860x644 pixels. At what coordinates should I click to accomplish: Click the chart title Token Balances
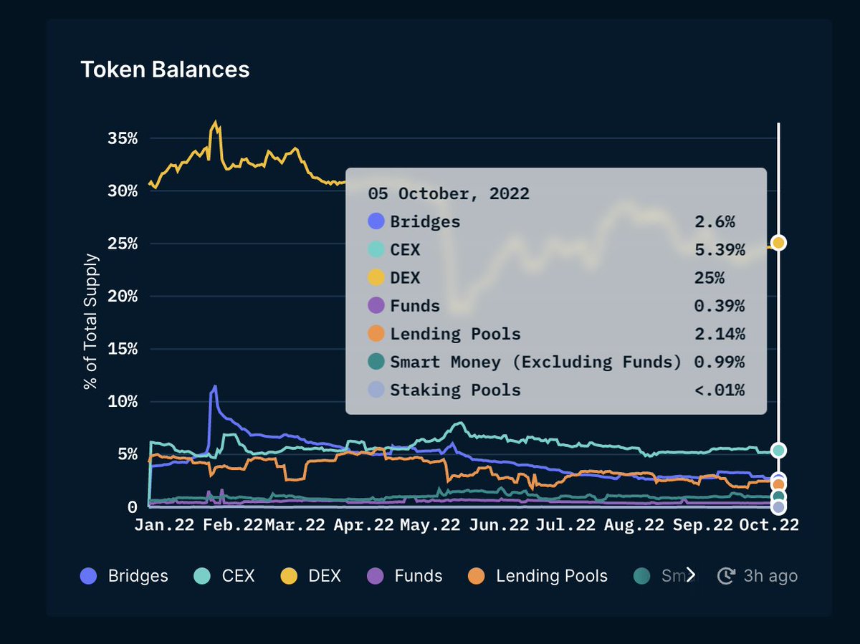point(165,69)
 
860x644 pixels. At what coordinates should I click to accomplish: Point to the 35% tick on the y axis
point(122,138)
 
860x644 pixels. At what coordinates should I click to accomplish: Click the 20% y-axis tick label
point(122,296)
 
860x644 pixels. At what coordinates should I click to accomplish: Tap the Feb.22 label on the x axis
point(233,524)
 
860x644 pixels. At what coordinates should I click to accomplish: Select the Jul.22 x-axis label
point(565,524)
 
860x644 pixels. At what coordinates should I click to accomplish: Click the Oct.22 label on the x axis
point(768,524)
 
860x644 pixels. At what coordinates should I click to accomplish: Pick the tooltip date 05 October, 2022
point(449,193)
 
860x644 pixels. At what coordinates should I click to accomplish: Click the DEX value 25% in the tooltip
point(709,278)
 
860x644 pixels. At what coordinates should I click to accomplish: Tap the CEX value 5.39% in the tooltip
point(719,250)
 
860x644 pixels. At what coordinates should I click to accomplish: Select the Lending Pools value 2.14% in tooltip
point(719,334)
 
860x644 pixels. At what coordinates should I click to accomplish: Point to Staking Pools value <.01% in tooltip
point(719,390)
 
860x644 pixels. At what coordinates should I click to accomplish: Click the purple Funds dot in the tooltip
point(376,306)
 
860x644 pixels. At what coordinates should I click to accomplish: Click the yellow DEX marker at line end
point(778,243)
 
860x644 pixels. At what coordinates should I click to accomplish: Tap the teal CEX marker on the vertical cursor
point(778,451)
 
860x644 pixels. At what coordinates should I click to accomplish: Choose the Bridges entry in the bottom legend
point(125,576)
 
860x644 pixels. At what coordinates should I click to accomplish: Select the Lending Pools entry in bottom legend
point(537,576)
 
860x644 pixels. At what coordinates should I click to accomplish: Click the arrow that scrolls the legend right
point(691,575)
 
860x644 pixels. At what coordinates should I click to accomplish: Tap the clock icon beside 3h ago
point(727,576)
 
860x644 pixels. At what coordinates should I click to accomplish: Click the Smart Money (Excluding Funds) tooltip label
point(535,362)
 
